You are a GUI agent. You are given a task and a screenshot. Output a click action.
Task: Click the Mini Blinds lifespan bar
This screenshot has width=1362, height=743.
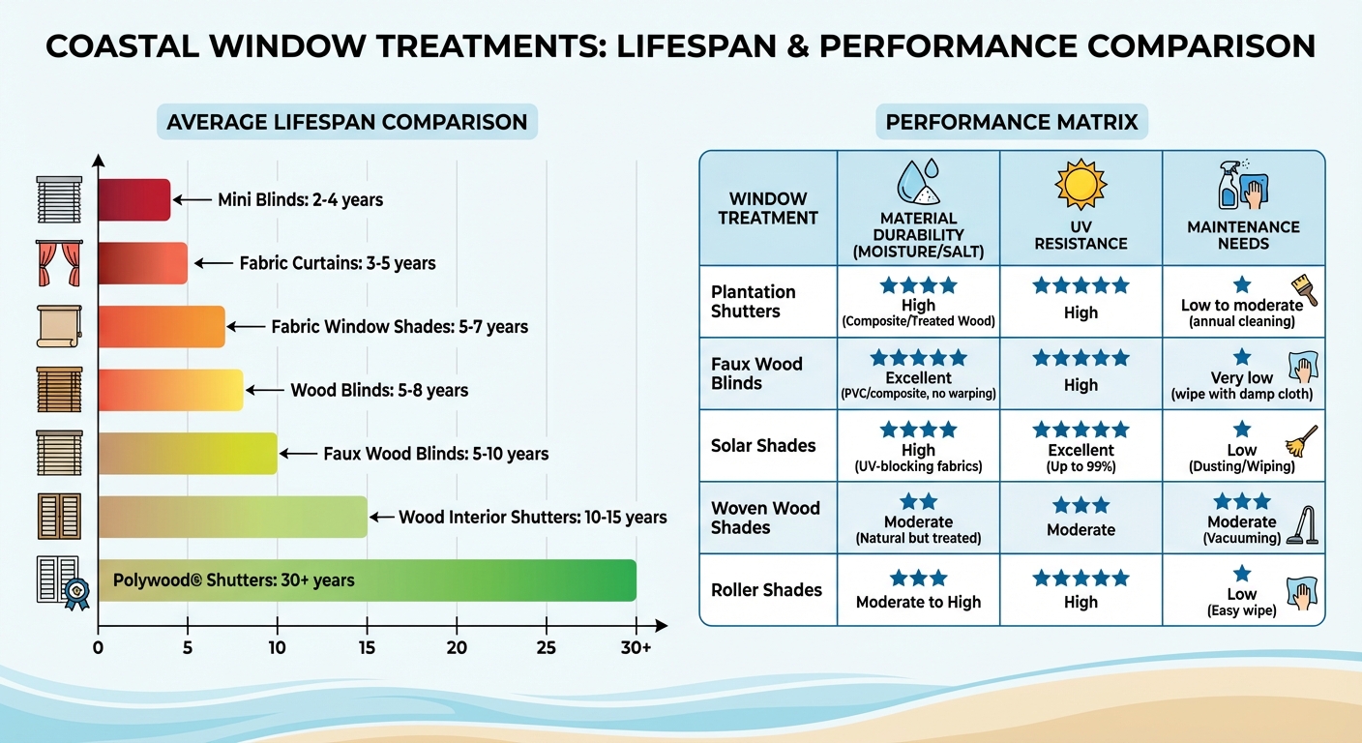coord(134,199)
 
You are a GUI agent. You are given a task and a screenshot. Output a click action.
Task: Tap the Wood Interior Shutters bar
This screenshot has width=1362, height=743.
coord(232,517)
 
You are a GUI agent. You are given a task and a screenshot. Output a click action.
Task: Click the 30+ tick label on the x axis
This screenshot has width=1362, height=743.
coord(636,647)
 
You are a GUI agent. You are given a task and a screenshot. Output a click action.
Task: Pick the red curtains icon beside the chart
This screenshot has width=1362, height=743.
coord(58,263)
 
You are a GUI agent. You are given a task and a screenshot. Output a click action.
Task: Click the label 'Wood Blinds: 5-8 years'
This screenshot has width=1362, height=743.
coord(379,391)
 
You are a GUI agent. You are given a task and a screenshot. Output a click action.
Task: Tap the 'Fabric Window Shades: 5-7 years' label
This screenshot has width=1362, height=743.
coord(400,327)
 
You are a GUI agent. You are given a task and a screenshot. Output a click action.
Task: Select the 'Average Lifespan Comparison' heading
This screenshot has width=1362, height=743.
coord(346,123)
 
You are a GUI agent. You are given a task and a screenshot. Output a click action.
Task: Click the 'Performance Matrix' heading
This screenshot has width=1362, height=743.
coord(1012,123)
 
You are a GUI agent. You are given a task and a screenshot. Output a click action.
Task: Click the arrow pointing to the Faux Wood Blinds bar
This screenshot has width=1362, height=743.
coord(301,453)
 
